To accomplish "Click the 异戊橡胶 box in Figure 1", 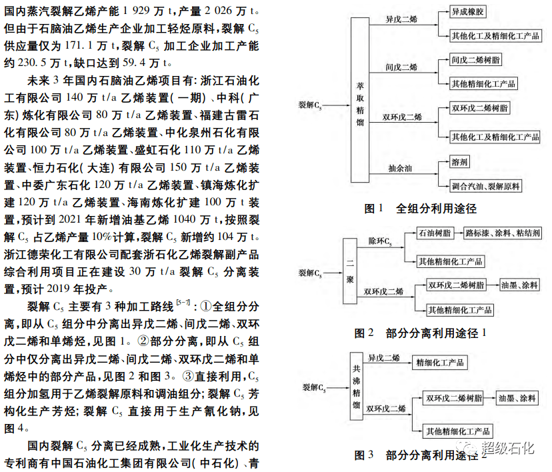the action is (467, 11).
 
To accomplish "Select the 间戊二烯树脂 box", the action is (475, 60).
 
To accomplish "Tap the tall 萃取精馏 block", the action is (360, 99).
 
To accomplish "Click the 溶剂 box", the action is (459, 162).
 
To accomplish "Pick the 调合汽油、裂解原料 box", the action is (486, 186).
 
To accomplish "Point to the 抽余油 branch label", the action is (400, 169).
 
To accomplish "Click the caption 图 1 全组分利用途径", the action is (421, 209).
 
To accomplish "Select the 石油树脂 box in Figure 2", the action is (435, 233).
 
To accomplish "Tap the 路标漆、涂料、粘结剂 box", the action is (503, 233).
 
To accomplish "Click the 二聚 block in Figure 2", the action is (350, 271).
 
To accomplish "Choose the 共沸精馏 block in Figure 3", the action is (356, 386).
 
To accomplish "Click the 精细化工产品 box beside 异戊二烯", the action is (440, 363).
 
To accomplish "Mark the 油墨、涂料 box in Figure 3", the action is (517, 398).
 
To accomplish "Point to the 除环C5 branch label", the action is (380, 241).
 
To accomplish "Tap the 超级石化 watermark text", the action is (507, 448).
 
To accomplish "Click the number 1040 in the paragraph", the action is (185, 219).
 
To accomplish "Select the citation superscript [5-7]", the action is (183, 303).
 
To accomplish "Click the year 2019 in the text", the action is (59, 289).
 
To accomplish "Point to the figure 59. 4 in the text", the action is (134, 63).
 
